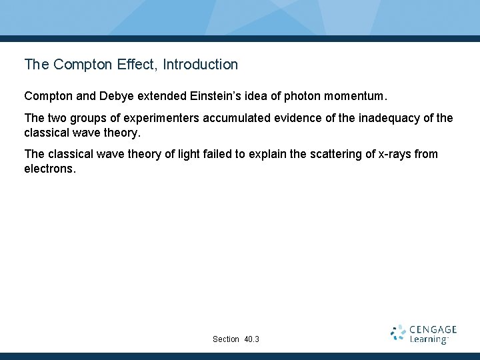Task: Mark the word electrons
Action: point(49,169)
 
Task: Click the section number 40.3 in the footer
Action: point(252,339)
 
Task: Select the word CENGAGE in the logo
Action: point(433,329)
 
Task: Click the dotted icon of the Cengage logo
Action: point(399,333)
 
